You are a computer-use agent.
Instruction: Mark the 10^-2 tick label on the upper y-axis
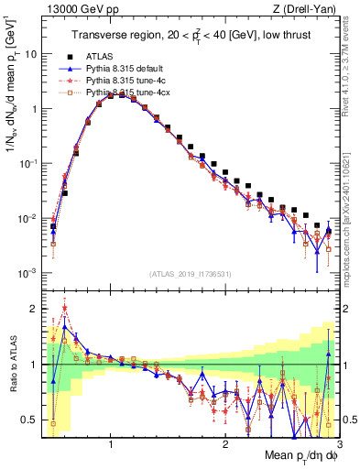(x=27, y=218)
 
